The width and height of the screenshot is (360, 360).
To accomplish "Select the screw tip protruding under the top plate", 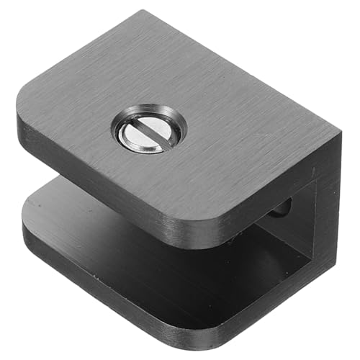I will click(x=283, y=208).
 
